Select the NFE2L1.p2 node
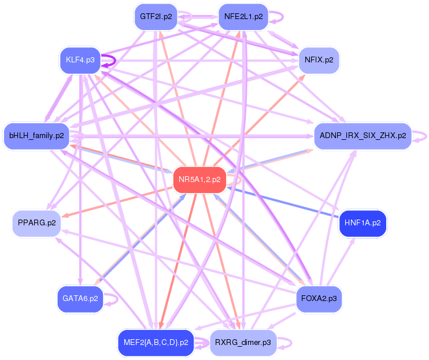[x=243, y=16]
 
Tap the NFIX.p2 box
[x=319, y=60]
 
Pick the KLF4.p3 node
[x=80, y=60]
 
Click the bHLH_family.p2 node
[x=36, y=136]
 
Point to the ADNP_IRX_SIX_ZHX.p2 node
[x=362, y=136]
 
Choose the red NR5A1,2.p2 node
[x=199, y=180]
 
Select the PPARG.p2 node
[x=36, y=223]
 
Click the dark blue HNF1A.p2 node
[x=363, y=223]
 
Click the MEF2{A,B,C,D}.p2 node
[x=153, y=342]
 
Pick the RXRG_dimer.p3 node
[x=243, y=342]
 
